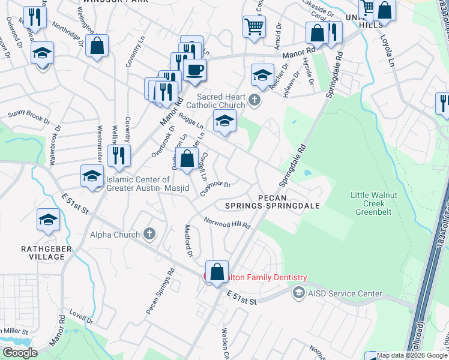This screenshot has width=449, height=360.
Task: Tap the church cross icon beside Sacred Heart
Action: (x=255, y=100)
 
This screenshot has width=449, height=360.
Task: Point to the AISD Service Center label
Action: (x=345, y=293)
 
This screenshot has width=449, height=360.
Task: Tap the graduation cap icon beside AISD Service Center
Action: (x=298, y=293)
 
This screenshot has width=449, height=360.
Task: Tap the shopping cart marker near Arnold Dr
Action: (x=255, y=26)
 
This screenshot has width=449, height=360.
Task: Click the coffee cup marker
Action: (x=194, y=70)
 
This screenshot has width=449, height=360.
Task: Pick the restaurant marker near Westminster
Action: (x=119, y=156)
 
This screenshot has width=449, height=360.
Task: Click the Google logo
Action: (x=19, y=352)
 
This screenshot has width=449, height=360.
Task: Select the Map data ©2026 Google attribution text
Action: (x=412, y=355)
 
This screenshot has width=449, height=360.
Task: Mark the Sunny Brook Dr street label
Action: (x=29, y=116)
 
